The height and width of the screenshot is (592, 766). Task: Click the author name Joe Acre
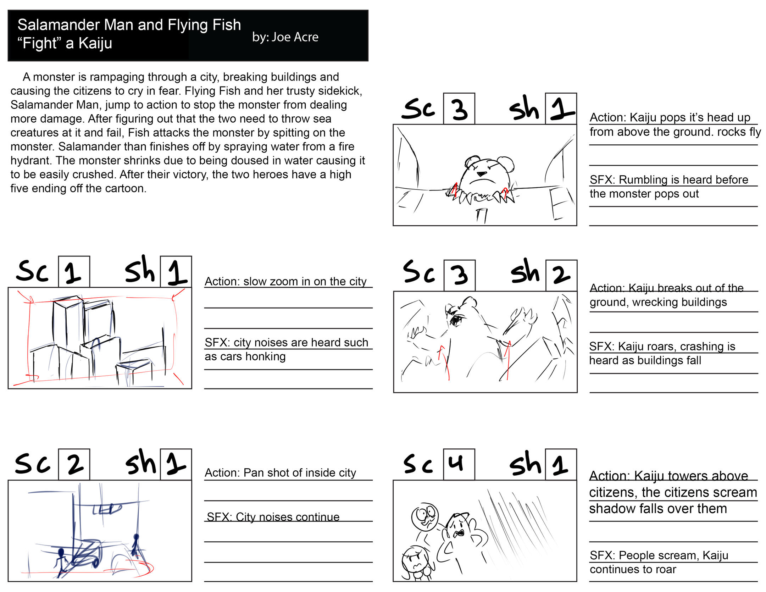click(295, 37)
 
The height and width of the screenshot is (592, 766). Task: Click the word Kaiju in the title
click(95, 43)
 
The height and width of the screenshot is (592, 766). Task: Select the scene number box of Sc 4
click(459, 464)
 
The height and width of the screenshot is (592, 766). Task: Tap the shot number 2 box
click(561, 276)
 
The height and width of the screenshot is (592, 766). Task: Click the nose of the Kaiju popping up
click(482, 174)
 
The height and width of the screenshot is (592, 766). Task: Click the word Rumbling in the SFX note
click(643, 179)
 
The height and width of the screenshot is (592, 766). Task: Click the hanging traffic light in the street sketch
click(107, 509)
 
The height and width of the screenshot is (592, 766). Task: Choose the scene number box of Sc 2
click(74, 464)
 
